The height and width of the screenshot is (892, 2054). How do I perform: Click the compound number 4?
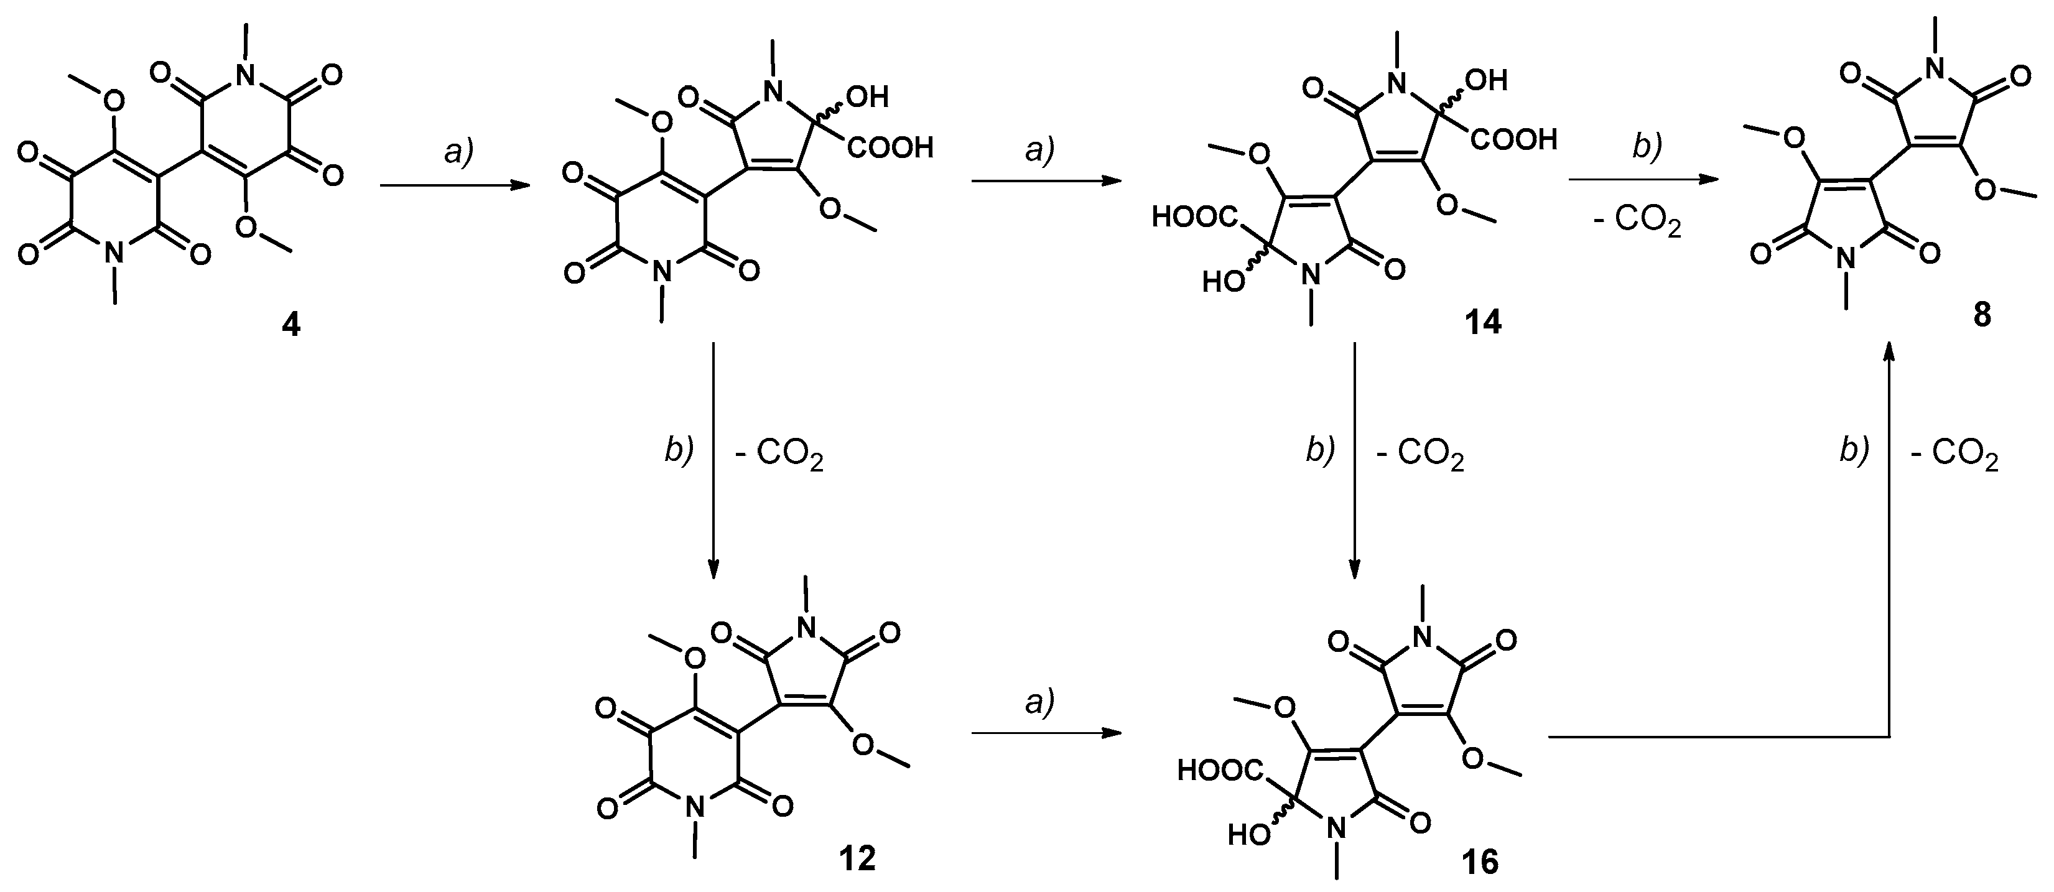coord(291,326)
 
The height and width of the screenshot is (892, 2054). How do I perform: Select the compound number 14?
coord(1482,322)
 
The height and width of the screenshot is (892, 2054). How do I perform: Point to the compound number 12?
coord(857,858)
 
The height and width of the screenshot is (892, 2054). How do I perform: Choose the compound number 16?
coord(1480,863)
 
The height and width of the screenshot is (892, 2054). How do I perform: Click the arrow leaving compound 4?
coord(455,186)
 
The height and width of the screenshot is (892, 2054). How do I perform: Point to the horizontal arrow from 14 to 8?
coord(1643,180)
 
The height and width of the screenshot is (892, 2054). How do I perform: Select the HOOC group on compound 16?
coord(1219,770)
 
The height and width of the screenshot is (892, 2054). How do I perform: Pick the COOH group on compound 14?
coord(1514,141)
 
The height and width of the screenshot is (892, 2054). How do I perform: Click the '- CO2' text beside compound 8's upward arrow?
coord(1953,460)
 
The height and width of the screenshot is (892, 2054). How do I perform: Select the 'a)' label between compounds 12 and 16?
coord(1038,702)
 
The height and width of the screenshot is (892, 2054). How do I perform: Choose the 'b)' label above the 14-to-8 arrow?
coord(1644,147)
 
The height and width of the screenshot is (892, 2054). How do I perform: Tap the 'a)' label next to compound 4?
coord(458,151)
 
